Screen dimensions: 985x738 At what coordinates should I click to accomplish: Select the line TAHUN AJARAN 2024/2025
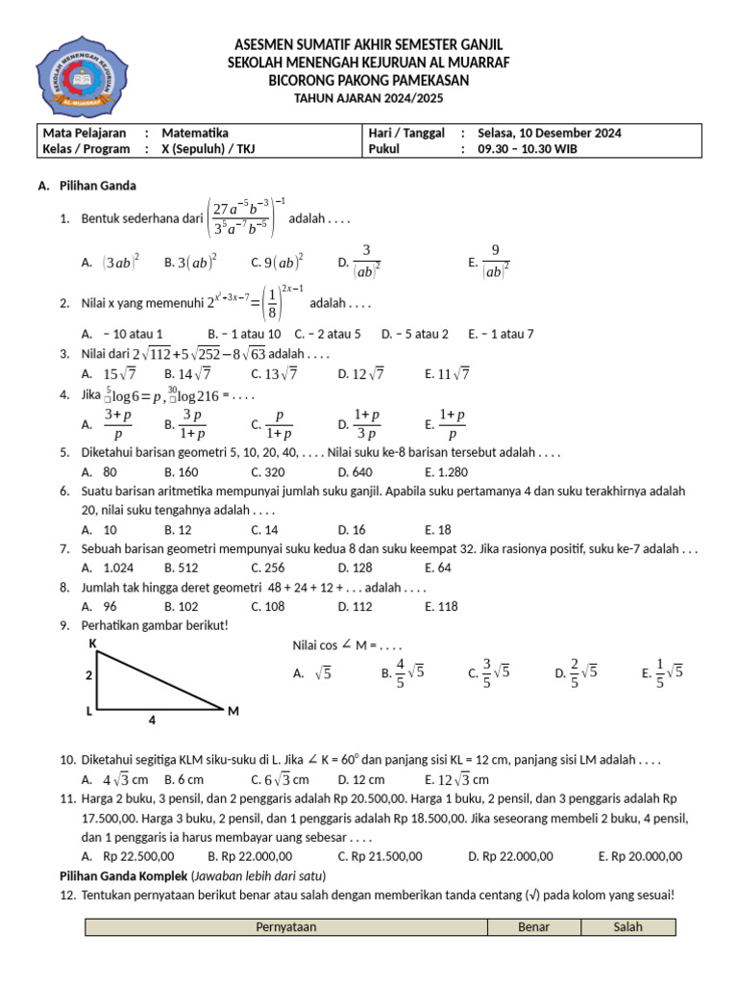click(368, 99)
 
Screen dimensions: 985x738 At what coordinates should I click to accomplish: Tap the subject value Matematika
click(195, 133)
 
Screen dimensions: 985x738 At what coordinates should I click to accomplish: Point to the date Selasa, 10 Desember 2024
click(544, 133)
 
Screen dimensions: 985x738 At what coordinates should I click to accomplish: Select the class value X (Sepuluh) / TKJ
click(209, 149)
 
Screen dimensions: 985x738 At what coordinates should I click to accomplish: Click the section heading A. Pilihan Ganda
click(87, 186)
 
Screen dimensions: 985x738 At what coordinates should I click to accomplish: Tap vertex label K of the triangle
click(92, 642)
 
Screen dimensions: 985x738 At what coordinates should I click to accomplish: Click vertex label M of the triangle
click(233, 711)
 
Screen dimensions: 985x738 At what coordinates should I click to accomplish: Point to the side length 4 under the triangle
click(152, 719)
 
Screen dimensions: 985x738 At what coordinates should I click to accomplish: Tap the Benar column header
click(533, 927)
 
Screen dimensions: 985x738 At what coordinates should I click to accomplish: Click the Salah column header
click(627, 927)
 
